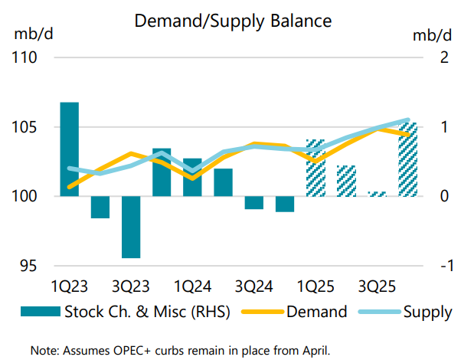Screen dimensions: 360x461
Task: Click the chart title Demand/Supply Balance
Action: click(232, 21)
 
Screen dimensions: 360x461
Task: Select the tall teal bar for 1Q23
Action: click(70, 149)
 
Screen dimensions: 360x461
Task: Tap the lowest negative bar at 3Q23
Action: click(131, 227)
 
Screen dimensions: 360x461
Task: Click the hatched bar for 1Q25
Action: click(316, 168)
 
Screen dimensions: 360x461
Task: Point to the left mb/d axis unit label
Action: click(28, 35)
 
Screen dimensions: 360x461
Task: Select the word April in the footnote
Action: click(314, 350)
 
